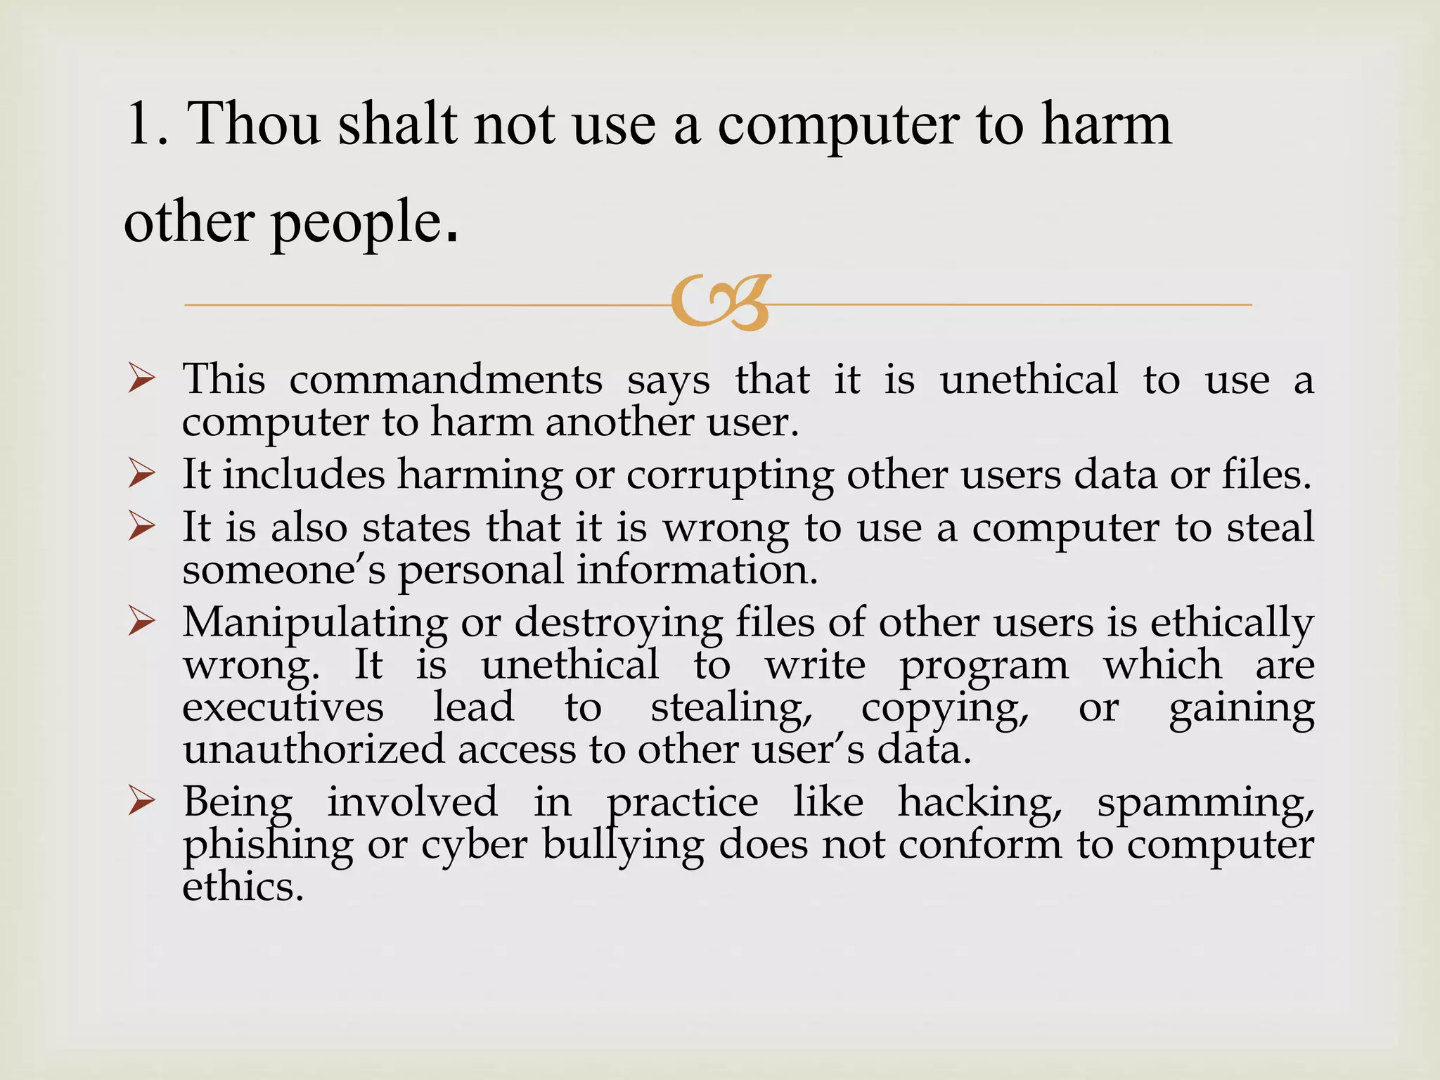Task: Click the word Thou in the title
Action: pos(255,124)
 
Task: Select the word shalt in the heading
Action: pos(397,124)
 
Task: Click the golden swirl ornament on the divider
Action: pos(721,302)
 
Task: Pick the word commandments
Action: pos(446,380)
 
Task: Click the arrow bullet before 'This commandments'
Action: pos(141,380)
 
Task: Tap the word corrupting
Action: pos(729,475)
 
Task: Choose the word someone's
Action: pos(283,570)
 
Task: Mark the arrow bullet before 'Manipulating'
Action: pos(141,623)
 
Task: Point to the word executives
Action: pos(283,707)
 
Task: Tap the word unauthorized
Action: pos(314,750)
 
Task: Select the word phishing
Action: pos(268,845)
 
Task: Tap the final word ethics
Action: pos(243,887)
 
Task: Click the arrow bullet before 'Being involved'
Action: pos(141,802)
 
